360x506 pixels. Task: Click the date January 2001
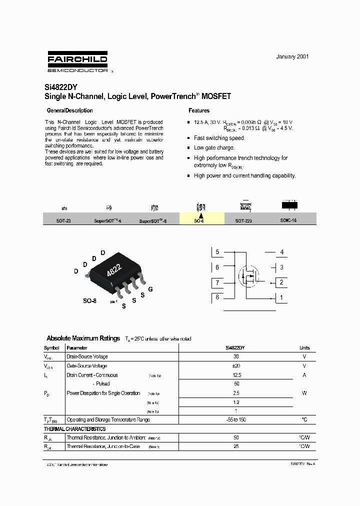(292, 56)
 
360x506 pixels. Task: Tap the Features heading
(199, 110)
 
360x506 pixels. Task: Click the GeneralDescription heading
(69, 110)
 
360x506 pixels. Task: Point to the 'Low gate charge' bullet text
(214, 148)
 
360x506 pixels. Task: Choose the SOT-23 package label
(63, 220)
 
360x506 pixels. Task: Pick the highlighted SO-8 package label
(199, 220)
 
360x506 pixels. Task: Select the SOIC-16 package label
(288, 220)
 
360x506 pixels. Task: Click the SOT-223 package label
(243, 220)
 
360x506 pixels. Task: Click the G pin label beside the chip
(150, 289)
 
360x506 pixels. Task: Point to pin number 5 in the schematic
(217, 252)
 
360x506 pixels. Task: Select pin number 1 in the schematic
(281, 298)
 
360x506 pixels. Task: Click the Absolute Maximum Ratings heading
(83, 338)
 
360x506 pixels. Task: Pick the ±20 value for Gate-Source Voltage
(236, 366)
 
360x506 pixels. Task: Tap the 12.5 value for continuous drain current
(236, 375)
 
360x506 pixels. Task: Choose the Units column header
(304, 348)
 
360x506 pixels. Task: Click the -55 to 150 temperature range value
(236, 420)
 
